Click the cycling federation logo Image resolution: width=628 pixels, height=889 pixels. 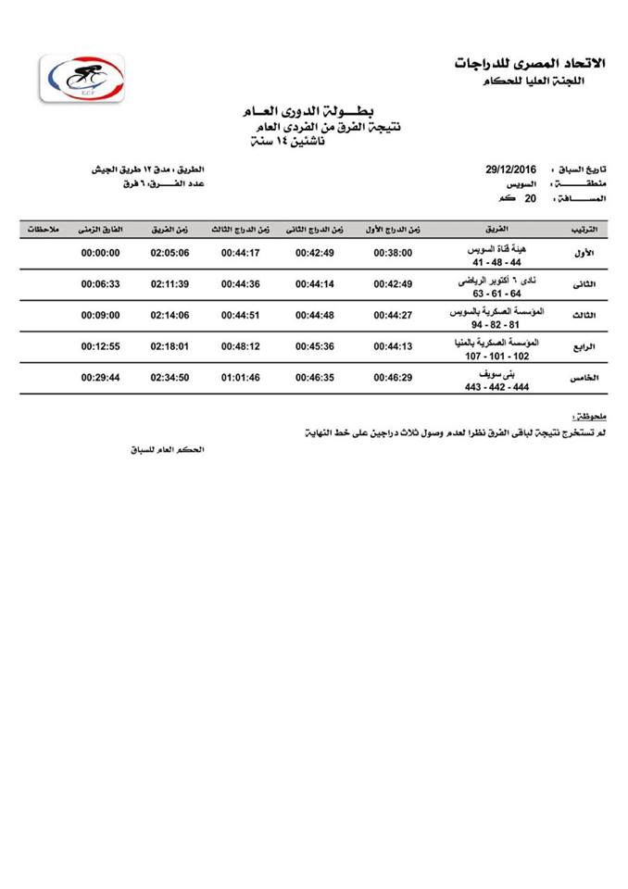pos(82,81)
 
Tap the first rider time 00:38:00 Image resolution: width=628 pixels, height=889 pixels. pos(393,253)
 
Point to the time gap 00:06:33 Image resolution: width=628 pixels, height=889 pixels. pos(101,284)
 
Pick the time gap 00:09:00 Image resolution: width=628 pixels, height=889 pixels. pos(101,316)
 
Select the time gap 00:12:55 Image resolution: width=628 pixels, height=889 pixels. pos(101,347)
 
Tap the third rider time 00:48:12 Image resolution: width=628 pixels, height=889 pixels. pos(240,347)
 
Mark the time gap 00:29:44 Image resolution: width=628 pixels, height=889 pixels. pos(101,378)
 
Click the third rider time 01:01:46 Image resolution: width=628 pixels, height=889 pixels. pos(240,378)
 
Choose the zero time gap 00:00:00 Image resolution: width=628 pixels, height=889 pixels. pos(101,253)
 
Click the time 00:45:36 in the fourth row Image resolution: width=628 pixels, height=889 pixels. pos(315,347)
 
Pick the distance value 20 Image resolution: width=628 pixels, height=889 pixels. pos(532,198)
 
